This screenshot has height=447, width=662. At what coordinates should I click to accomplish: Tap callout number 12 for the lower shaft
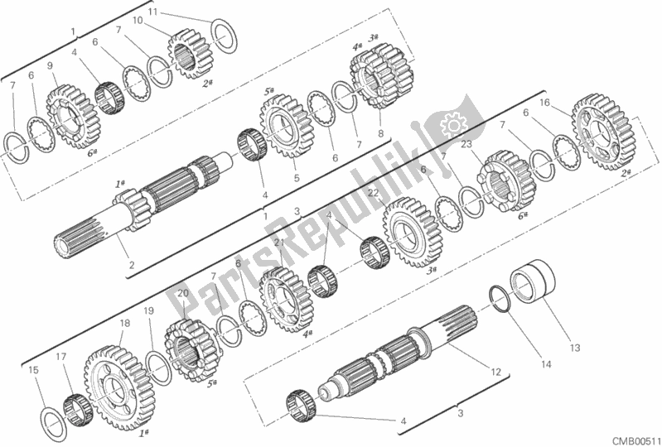[x=494, y=372]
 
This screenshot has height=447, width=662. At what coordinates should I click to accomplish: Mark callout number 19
[x=148, y=310]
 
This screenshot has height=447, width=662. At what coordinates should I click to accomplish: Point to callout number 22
[x=374, y=193]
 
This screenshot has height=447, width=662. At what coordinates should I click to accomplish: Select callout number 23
[x=466, y=144]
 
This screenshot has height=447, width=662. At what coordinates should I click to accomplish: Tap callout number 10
[x=137, y=19]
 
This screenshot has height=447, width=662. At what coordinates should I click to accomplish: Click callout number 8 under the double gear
[x=380, y=132]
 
